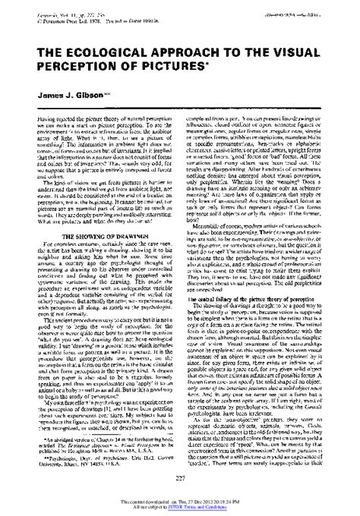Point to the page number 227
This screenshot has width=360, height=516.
click(180, 477)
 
